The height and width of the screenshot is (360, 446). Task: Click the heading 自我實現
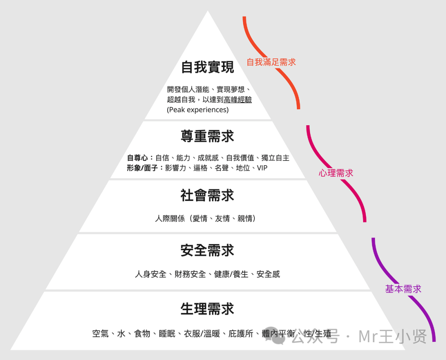click(207, 67)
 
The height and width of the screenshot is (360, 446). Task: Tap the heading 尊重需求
click(207, 136)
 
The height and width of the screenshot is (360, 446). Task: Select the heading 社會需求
click(207, 195)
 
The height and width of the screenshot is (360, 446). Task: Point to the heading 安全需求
click(207, 250)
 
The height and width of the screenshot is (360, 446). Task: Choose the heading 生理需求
click(207, 309)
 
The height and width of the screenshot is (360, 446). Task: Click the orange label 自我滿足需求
click(271, 62)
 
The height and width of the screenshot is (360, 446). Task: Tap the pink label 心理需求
click(336, 173)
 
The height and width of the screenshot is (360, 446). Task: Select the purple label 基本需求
click(403, 289)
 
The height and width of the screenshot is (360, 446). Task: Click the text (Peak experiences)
click(198, 110)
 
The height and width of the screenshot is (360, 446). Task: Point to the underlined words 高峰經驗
click(237, 100)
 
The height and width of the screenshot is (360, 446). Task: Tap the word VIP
click(262, 168)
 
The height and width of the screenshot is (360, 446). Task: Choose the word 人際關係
click(170, 218)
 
